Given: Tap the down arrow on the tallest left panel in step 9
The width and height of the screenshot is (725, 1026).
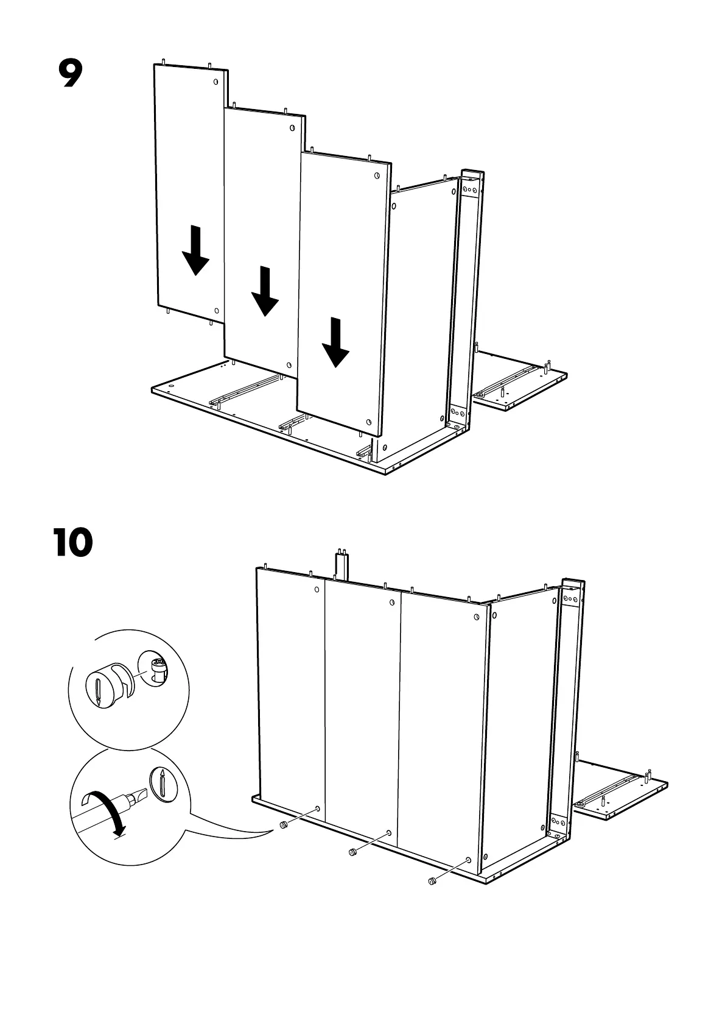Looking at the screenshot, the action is point(195,250).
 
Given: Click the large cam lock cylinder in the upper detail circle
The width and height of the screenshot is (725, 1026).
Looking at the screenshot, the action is point(103,687).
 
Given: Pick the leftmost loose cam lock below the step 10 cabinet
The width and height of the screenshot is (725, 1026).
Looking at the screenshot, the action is point(283,825).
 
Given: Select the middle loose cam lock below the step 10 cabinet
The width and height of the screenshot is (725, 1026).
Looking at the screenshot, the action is point(351,851).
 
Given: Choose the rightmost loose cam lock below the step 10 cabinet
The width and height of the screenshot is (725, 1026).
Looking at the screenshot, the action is point(432,880).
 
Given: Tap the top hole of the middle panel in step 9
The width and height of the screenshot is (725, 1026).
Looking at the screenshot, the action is point(292,127).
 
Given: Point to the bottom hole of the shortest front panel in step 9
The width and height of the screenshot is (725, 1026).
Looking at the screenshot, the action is point(368,422).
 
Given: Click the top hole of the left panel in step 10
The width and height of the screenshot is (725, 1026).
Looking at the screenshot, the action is point(317,590).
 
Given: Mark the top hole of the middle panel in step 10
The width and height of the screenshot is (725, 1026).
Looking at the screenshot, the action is point(392,603).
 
